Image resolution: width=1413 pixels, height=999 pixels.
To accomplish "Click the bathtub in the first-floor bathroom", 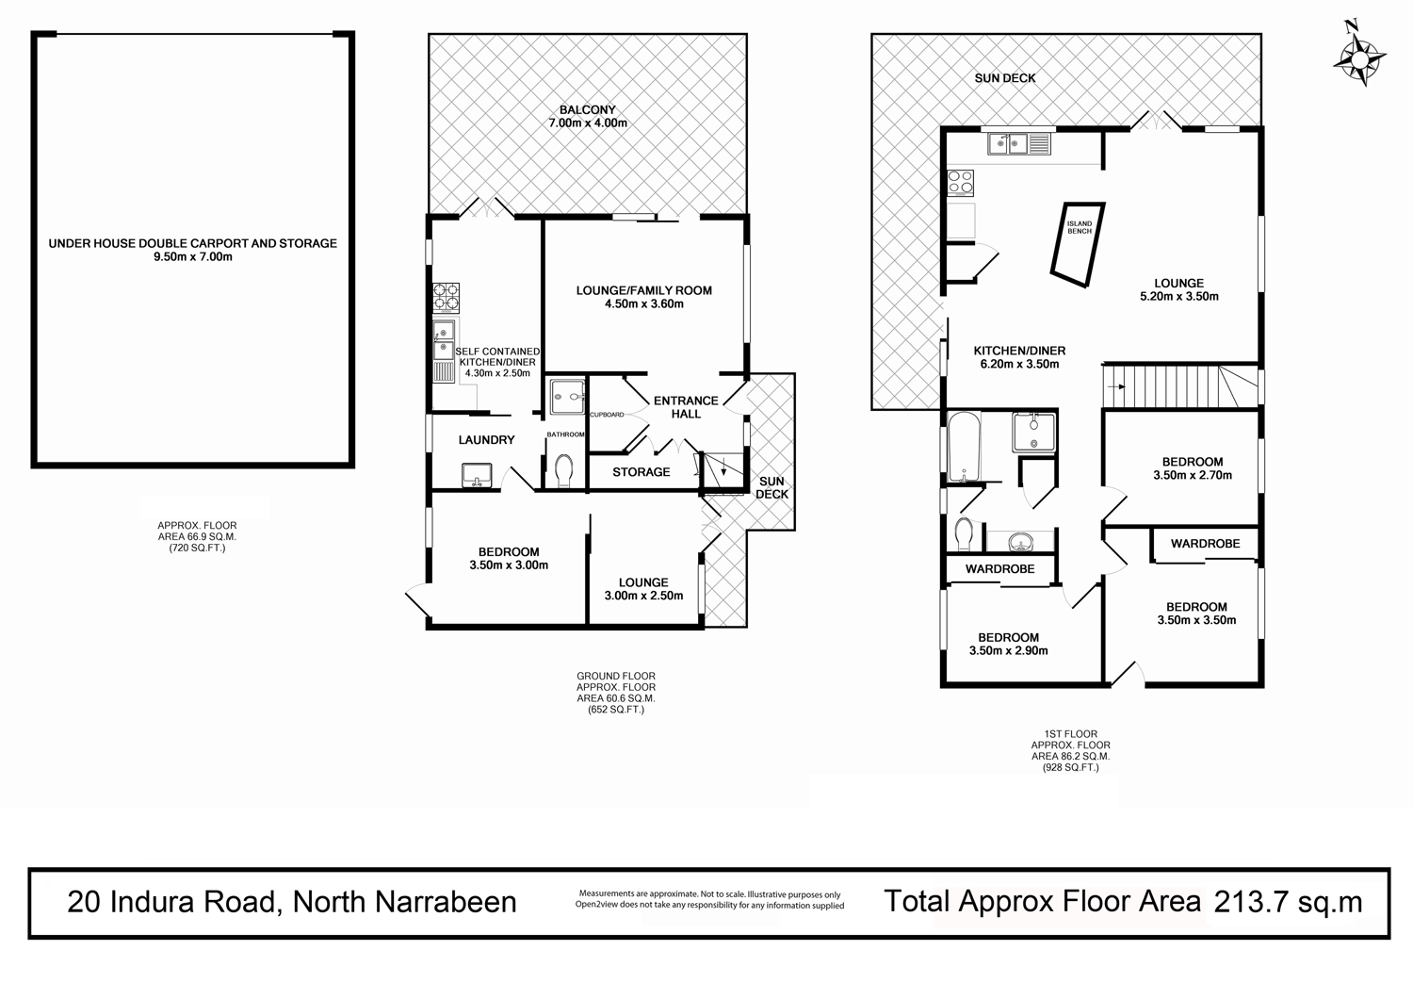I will click(x=966, y=447).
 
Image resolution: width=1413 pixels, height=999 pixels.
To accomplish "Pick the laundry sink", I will click(x=479, y=476).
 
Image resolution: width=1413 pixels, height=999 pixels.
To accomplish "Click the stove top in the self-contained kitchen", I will click(x=446, y=298).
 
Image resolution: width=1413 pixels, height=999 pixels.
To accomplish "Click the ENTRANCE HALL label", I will click(x=686, y=407).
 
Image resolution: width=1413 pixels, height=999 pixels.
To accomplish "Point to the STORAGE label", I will click(x=642, y=471).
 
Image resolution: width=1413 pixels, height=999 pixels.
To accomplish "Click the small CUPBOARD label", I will click(x=607, y=415).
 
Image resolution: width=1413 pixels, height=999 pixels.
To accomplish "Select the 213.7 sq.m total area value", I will click(x=1288, y=902).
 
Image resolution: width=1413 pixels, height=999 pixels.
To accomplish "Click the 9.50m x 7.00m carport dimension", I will click(x=193, y=256).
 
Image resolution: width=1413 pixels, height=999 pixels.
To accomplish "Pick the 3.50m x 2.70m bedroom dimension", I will click(x=1193, y=475).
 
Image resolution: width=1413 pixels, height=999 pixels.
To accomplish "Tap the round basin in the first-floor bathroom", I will click(x=1018, y=542).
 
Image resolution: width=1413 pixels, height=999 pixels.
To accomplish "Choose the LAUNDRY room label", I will click(x=486, y=440).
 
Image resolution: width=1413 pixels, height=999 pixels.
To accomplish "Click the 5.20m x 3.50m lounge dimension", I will click(x=1179, y=296).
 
